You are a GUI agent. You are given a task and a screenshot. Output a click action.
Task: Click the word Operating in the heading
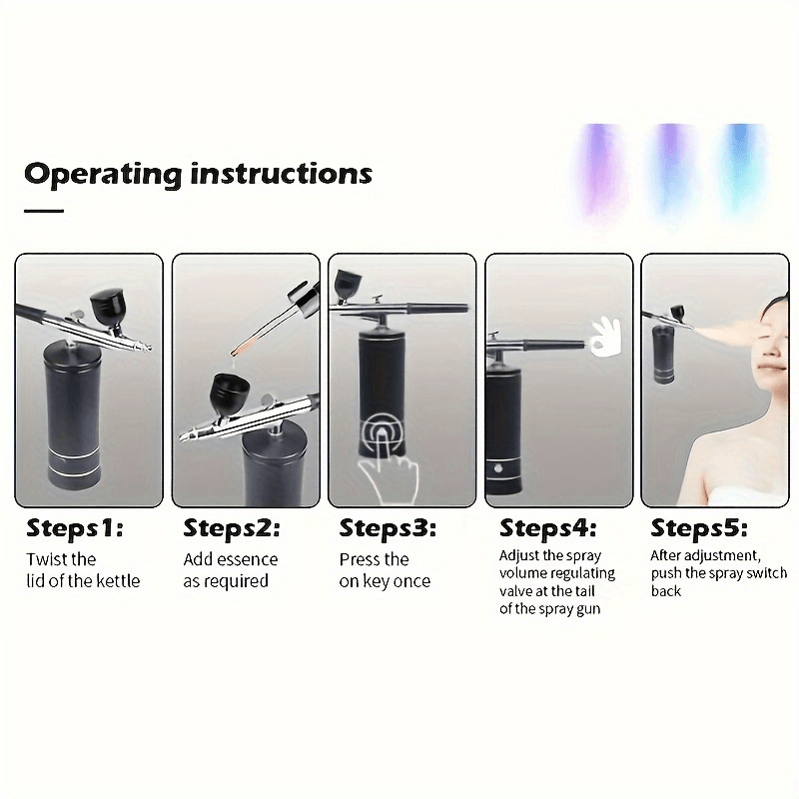click(x=103, y=175)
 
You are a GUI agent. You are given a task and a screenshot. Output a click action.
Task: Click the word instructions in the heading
click(x=282, y=173)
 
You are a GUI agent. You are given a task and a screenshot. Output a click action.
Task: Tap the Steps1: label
click(x=75, y=528)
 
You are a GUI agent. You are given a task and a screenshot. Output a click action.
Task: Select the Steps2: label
click(x=232, y=528)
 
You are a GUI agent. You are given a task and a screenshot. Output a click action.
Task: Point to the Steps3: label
click(x=388, y=528)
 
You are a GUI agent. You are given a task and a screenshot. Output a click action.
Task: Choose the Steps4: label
click(x=547, y=528)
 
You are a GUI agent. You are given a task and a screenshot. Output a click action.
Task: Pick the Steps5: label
click(x=699, y=528)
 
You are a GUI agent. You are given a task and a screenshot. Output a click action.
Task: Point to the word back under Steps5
click(x=666, y=591)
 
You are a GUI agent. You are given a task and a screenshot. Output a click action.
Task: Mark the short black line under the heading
click(x=44, y=211)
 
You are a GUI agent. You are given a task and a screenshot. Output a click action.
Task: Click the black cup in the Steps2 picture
click(x=229, y=396)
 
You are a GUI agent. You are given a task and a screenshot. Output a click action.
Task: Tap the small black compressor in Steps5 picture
click(x=664, y=355)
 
